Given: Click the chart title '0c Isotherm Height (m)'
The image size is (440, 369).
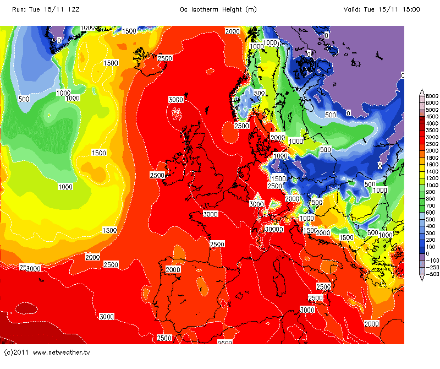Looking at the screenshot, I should click(218, 9).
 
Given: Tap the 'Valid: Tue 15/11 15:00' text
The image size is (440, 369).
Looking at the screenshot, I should click(382, 9).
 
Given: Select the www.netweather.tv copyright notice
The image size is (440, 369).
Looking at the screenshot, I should click(47, 351).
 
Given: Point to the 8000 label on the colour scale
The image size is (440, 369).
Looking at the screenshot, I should click(431, 96).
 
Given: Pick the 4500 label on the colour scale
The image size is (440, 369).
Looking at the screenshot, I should click(431, 117).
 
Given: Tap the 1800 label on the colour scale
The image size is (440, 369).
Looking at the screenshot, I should click(431, 157).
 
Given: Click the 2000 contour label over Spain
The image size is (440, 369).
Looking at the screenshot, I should click(173, 269).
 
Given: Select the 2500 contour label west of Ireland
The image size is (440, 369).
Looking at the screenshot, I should click(157, 175).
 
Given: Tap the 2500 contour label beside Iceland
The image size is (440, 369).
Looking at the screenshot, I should click(165, 58).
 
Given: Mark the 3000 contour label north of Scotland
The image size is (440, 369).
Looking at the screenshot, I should click(175, 100).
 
